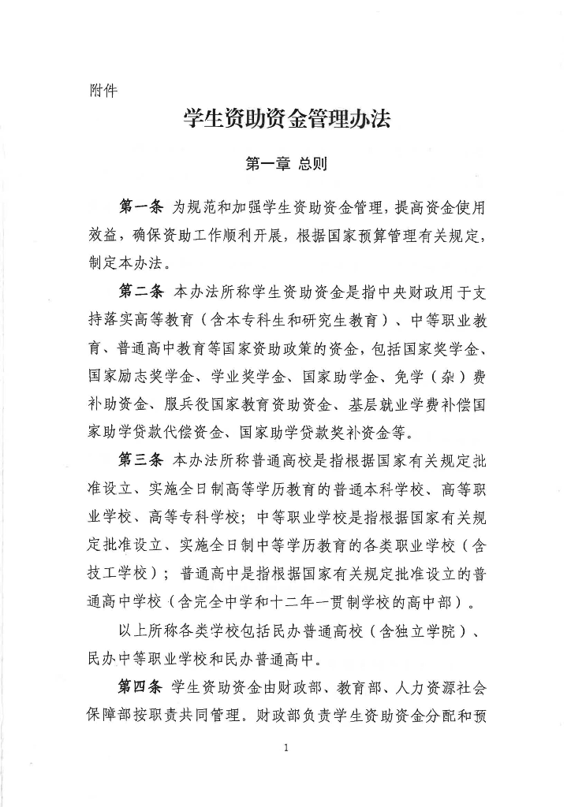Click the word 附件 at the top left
(103, 90)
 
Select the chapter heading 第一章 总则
(286, 164)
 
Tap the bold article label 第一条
(140, 207)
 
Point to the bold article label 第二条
(140, 292)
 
